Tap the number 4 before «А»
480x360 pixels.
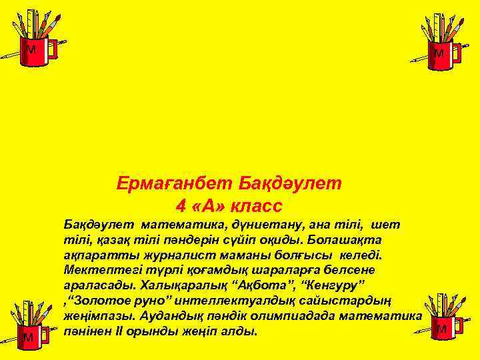181,205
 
